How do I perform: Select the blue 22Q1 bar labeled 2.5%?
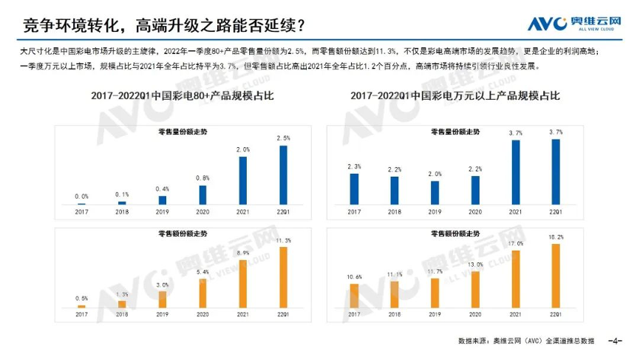tap(283, 174)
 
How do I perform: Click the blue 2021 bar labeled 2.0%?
tap(243, 180)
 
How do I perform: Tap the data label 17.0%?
tap(516, 243)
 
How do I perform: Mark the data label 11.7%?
tap(435, 271)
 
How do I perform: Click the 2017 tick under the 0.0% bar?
tap(81, 211)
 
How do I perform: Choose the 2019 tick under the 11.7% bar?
tap(435, 313)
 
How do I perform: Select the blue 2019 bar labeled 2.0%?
tap(435, 192)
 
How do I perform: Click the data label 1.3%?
tap(122, 293)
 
